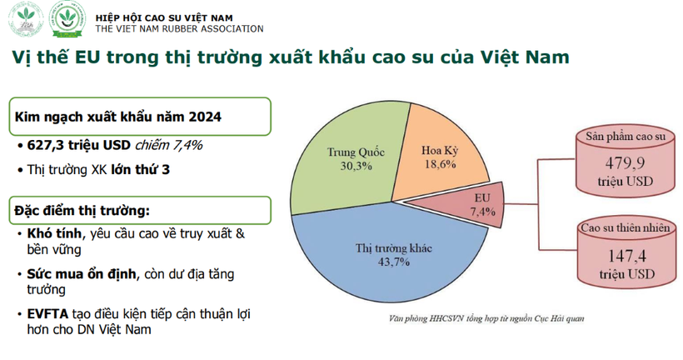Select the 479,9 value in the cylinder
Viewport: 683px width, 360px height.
click(616, 163)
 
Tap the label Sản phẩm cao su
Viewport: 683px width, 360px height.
click(615, 137)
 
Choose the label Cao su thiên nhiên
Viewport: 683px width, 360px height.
click(616, 229)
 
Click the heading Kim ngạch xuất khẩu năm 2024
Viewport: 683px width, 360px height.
click(118, 117)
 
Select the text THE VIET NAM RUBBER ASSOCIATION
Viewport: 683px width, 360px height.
click(179, 28)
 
